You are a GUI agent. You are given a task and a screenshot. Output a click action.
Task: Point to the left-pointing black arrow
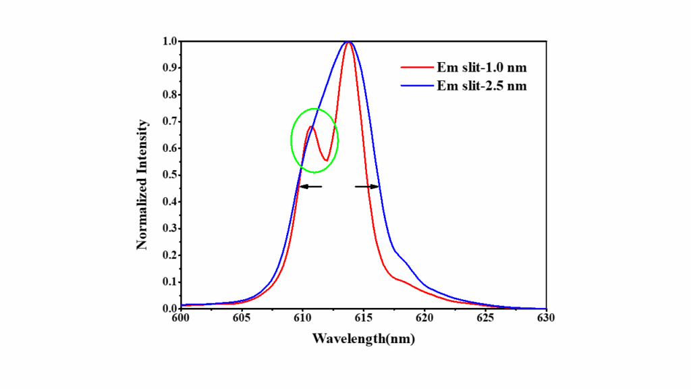[310, 186]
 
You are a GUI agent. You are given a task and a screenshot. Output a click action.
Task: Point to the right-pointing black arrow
[368, 186]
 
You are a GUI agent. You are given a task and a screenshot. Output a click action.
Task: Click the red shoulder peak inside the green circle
[311, 126]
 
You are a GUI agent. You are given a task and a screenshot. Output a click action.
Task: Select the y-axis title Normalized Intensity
[142, 184]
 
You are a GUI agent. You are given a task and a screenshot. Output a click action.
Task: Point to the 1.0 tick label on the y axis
[169, 41]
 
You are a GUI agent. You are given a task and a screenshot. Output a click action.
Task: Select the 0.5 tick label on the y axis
[169, 175]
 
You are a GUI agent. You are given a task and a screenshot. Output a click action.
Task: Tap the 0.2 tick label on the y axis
[169, 255]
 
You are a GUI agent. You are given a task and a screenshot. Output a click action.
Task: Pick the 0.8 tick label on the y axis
[169, 95]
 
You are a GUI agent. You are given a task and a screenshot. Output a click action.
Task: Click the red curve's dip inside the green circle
[326, 160]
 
